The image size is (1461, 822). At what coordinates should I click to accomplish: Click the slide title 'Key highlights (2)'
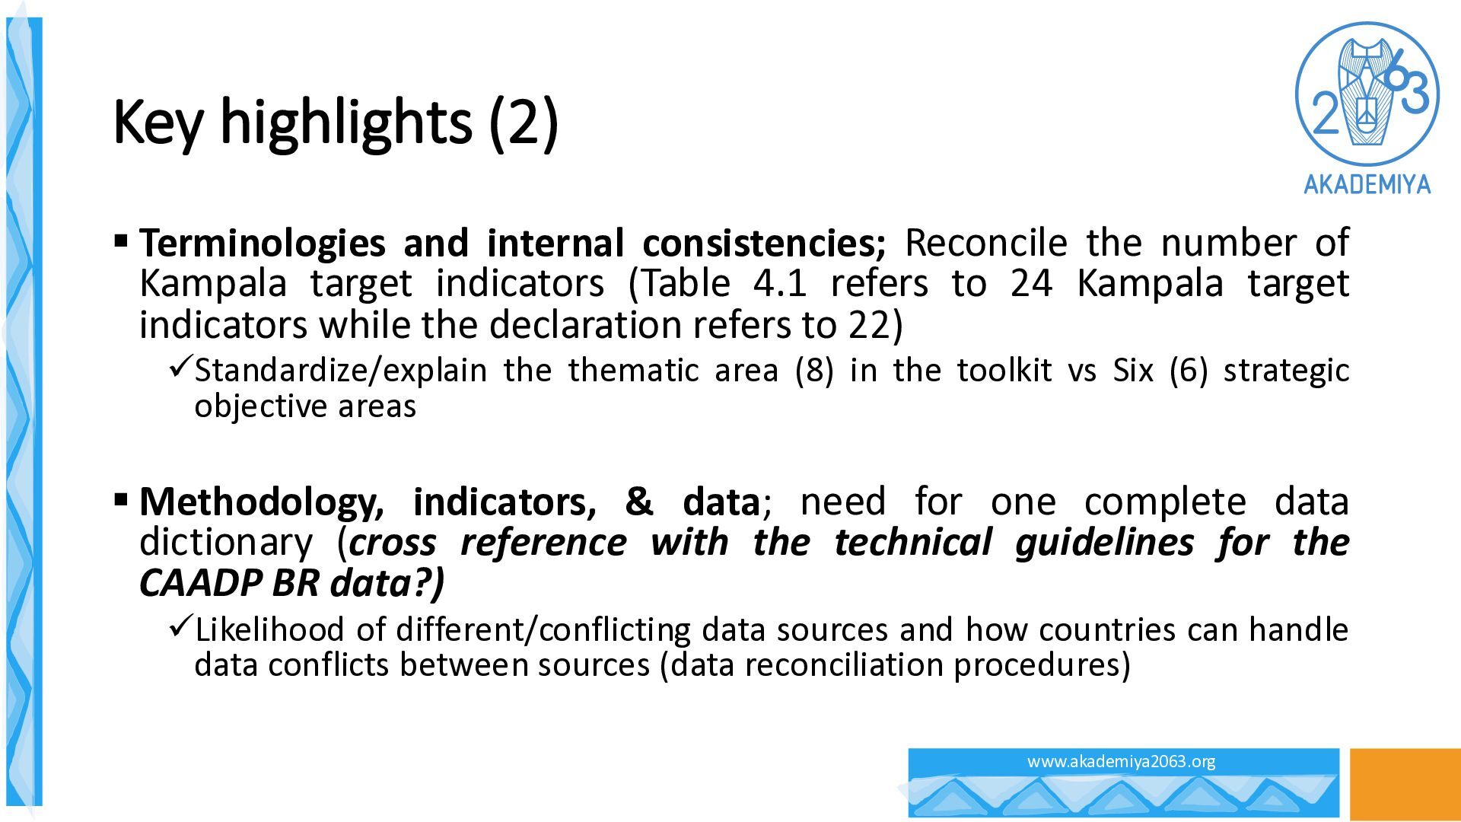pyautogui.click(x=336, y=123)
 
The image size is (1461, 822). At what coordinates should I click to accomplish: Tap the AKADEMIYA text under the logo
pyautogui.click(x=1367, y=184)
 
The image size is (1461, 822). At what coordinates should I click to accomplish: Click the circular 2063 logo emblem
pyautogui.click(x=1367, y=93)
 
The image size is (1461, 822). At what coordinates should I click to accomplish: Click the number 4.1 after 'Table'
pyautogui.click(x=779, y=284)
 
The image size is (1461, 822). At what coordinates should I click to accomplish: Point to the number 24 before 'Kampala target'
pyautogui.click(x=1032, y=284)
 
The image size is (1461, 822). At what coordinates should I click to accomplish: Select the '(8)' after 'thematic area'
pyautogui.click(x=814, y=371)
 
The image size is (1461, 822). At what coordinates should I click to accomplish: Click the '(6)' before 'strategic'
pyautogui.click(x=1189, y=371)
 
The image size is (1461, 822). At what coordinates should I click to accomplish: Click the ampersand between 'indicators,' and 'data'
pyautogui.click(x=639, y=502)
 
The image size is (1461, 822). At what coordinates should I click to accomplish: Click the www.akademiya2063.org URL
pyautogui.click(x=1121, y=761)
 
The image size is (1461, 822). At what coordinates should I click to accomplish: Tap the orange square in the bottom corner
pyautogui.click(x=1405, y=784)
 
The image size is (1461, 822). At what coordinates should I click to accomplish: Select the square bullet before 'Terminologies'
pyautogui.click(x=121, y=242)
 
